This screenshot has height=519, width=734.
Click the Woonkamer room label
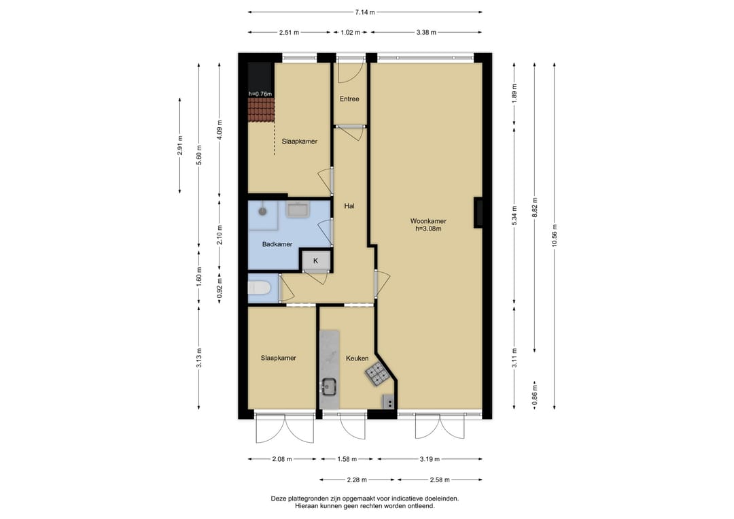(x=428, y=221)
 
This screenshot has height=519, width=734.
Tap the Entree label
(x=349, y=99)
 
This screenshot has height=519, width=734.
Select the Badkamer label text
(x=277, y=244)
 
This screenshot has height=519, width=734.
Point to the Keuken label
(x=357, y=358)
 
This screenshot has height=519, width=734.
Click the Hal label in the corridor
(x=349, y=205)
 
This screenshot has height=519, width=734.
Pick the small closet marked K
(x=315, y=261)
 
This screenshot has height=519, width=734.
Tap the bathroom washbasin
(x=298, y=210)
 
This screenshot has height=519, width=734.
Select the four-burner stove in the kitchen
(x=377, y=375)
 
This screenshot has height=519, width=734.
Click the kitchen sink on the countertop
(x=330, y=387)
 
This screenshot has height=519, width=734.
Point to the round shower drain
(x=262, y=212)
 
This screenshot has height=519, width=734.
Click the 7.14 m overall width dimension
(x=365, y=12)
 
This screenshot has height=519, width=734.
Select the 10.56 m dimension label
(x=555, y=235)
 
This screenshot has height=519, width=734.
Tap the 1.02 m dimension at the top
(x=351, y=33)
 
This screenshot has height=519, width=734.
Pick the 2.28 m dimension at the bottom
(x=357, y=480)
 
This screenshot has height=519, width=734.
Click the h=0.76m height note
(x=260, y=94)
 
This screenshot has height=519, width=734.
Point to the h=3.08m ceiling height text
(x=428, y=229)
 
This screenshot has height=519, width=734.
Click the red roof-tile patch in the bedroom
(x=261, y=110)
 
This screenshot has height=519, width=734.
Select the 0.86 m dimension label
(x=535, y=395)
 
